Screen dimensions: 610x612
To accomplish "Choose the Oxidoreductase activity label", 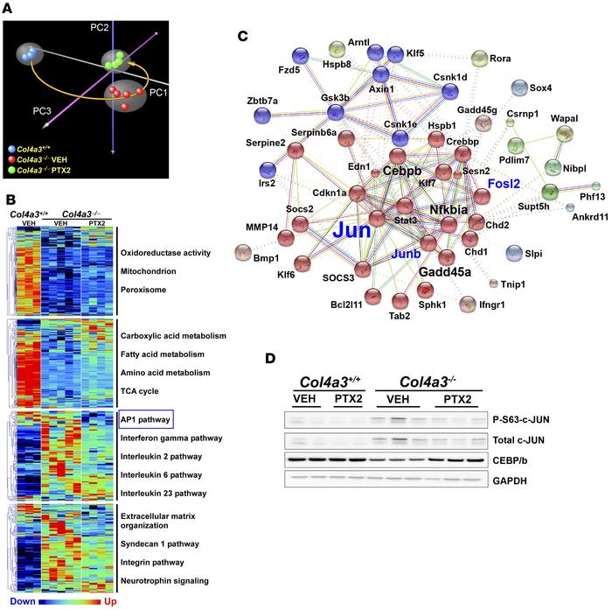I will [177, 253].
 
